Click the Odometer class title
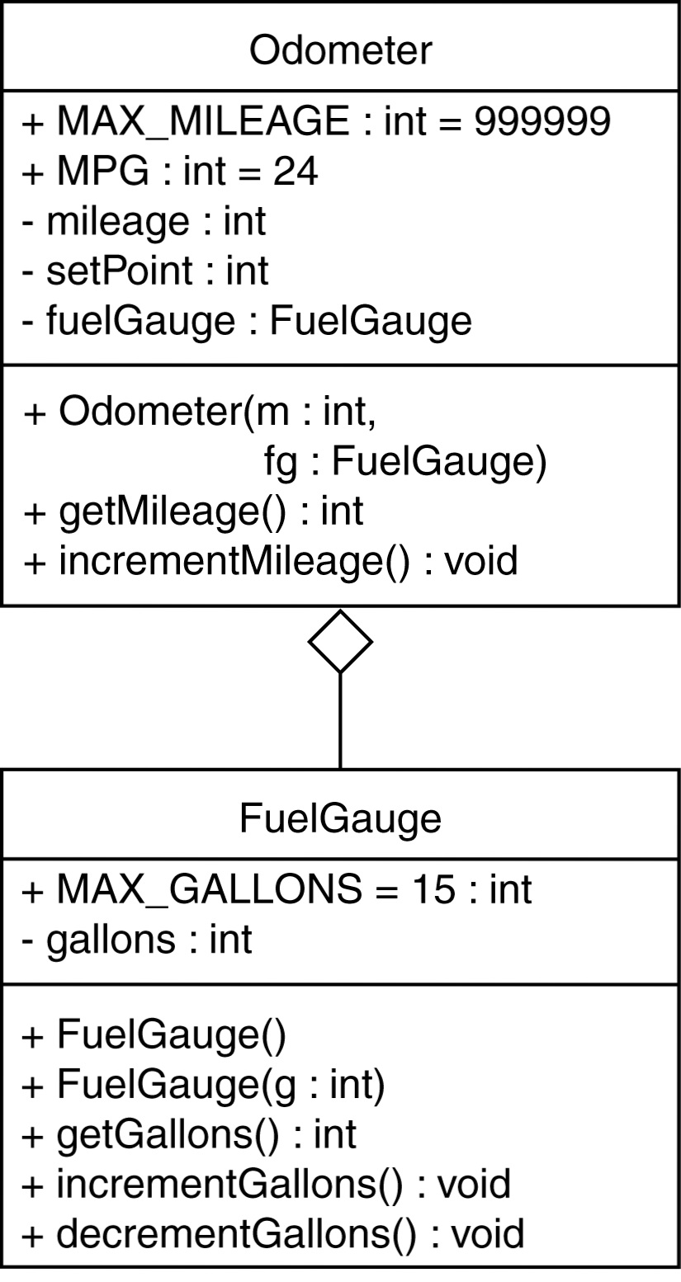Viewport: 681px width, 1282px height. pyautogui.click(x=340, y=50)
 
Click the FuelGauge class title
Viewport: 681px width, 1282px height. pyautogui.click(x=340, y=818)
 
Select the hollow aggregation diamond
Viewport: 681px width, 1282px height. pyautogui.click(x=340, y=641)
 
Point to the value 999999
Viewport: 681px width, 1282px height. pyautogui.click(x=542, y=121)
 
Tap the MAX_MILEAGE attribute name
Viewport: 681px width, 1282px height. pyautogui.click(x=203, y=121)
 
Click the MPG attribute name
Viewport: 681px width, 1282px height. pyautogui.click(x=103, y=172)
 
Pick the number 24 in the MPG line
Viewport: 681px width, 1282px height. pyautogui.click(x=296, y=172)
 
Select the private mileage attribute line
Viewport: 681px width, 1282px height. pyautogui.click(x=144, y=221)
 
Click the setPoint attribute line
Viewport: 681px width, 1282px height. pyautogui.click(x=145, y=271)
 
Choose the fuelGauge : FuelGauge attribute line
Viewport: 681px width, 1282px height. pyautogui.click(x=247, y=320)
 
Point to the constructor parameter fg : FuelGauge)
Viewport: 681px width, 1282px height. pyautogui.click(x=405, y=462)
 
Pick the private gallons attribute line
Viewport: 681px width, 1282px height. pyautogui.click(x=136, y=939)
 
